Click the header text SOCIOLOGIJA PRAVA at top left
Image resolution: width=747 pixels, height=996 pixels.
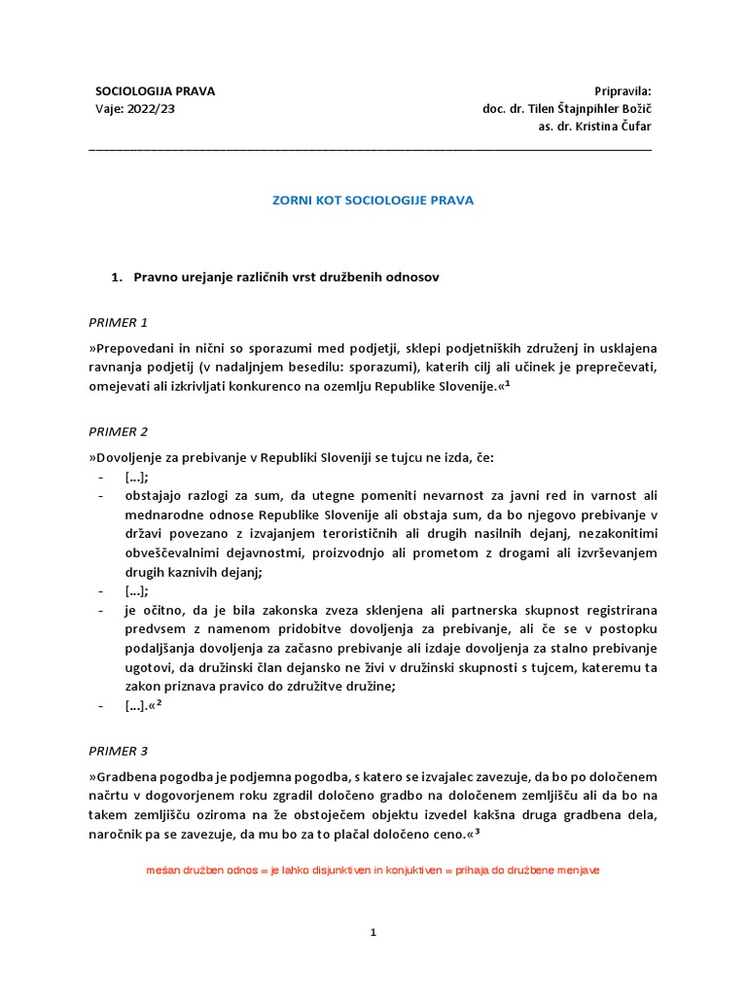pos(155,91)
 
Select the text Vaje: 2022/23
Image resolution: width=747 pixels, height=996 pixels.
pos(135,109)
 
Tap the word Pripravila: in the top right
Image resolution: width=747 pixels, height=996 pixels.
pos(622,91)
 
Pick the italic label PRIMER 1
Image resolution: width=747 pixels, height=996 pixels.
pos(118,322)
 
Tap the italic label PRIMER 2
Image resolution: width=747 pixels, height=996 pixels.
pos(118,431)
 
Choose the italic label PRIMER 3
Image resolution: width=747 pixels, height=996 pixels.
pos(118,751)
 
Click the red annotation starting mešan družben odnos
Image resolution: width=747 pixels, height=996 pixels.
pos(372,871)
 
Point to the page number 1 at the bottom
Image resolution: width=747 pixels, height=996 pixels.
pos(373,933)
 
